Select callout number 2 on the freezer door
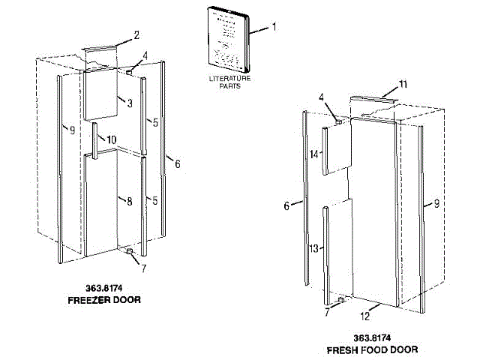(x=136, y=34)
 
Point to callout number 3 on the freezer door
(x=128, y=103)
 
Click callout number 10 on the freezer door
(x=112, y=139)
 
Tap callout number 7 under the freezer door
(x=143, y=268)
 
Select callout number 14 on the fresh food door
(x=314, y=154)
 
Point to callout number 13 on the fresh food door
(x=314, y=247)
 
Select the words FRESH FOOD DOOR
(x=372, y=349)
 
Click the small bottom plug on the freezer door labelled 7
(x=131, y=253)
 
